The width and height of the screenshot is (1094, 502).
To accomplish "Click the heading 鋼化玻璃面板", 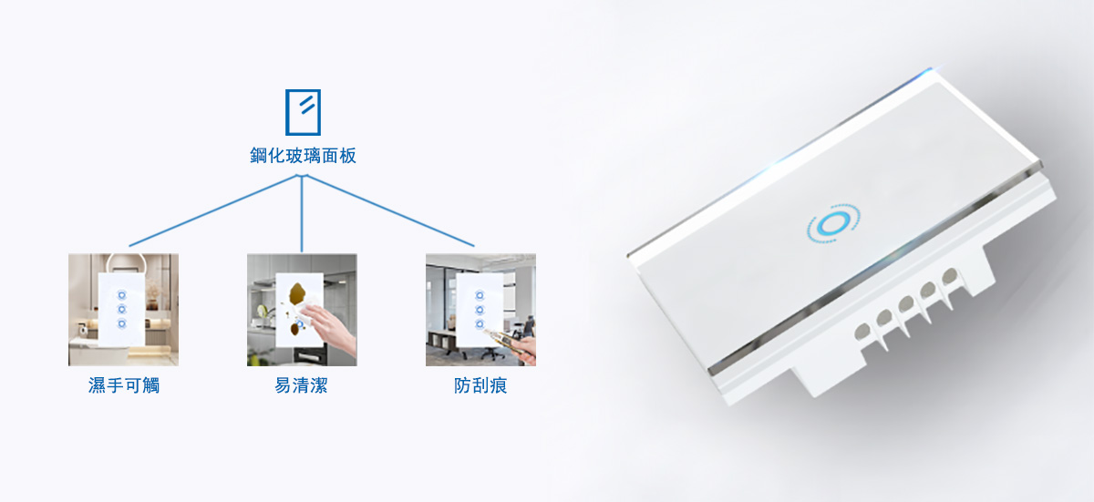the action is point(303,156).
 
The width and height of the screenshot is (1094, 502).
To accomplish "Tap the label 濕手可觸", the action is point(124,385).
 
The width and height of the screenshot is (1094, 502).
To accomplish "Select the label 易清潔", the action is point(302,385).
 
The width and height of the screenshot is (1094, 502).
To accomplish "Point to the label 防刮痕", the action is point(480,385).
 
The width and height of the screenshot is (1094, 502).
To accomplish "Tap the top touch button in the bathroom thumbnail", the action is point(121,294).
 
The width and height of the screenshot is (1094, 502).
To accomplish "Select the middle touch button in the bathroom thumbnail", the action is point(121,309).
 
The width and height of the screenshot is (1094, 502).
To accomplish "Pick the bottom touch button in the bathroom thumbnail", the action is point(121,323).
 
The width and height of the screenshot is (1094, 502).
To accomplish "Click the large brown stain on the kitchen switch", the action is point(297,293).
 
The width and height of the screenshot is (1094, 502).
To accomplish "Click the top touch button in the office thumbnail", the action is point(480,295).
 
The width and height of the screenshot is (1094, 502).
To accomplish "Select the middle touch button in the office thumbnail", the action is point(480,310).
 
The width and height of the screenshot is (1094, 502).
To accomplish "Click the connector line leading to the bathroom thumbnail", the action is point(214,210).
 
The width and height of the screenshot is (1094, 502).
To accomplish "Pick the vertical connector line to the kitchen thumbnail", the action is point(302,214).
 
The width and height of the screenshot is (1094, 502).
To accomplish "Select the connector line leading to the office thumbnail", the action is point(389,210).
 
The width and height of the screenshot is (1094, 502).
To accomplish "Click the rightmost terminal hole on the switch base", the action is point(950,277).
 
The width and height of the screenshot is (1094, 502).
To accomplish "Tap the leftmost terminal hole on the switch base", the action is point(862,332).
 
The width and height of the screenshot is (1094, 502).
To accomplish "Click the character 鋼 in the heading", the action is point(258,156).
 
